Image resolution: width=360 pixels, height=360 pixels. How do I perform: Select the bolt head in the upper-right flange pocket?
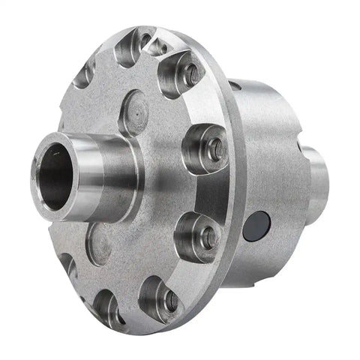coord(192,73)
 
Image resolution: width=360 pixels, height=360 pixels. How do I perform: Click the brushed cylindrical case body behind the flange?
coord(277,150)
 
